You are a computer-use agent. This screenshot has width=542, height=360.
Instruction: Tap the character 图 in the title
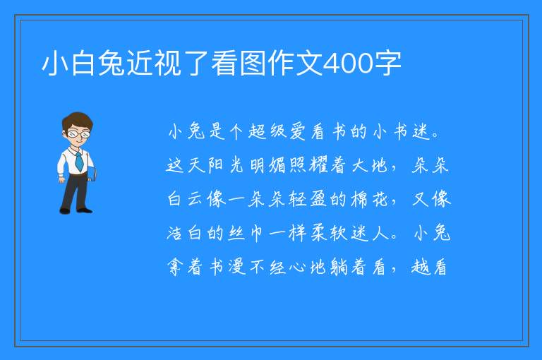coord(253,64)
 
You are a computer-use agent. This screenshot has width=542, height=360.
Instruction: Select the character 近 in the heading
coord(140,64)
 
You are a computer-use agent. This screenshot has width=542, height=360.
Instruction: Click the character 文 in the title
coord(310,64)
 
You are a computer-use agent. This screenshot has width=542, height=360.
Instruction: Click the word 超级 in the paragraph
coord(267,132)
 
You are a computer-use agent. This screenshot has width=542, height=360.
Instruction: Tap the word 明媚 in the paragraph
coord(267,165)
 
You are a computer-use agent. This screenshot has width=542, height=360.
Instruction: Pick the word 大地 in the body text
coord(369,165)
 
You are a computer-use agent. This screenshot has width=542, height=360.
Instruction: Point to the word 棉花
coord(369,199)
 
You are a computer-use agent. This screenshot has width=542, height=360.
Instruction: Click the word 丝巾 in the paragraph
coord(246,233)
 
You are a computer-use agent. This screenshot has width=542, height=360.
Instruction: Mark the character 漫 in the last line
coord(237,267)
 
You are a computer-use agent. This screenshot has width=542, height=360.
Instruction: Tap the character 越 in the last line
coord(420,267)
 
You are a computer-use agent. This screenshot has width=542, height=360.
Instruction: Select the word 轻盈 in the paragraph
coord(308,199)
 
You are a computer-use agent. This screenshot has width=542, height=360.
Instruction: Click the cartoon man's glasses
coord(78,133)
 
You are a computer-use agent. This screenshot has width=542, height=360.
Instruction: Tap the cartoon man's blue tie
coord(79,161)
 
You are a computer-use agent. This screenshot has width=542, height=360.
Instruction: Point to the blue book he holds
coord(92,173)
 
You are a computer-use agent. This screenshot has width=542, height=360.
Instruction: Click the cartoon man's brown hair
coord(78,120)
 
